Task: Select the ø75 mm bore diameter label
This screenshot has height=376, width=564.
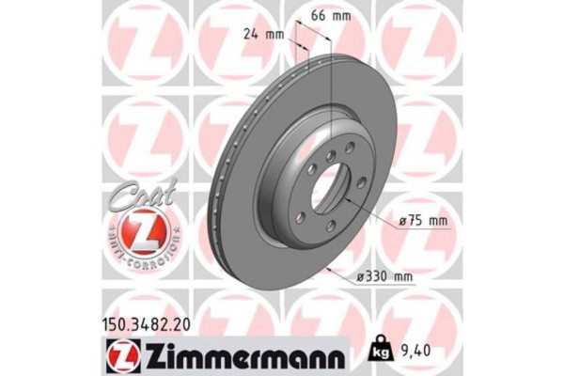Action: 422,221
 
